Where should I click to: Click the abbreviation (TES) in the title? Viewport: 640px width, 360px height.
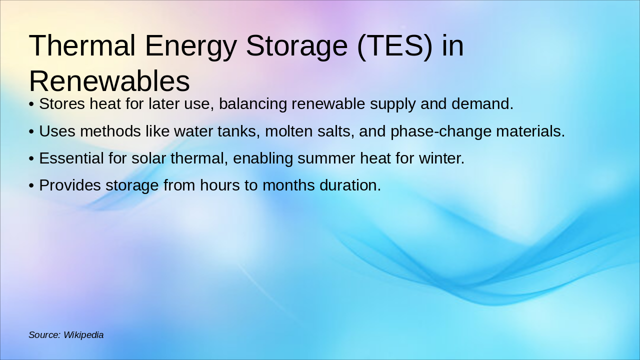[394, 46]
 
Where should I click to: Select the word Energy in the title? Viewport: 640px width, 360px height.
[190, 46]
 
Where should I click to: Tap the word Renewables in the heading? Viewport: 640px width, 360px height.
[109, 81]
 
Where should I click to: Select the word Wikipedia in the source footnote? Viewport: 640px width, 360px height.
[83, 335]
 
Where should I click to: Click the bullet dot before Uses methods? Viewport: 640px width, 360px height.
[31, 132]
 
